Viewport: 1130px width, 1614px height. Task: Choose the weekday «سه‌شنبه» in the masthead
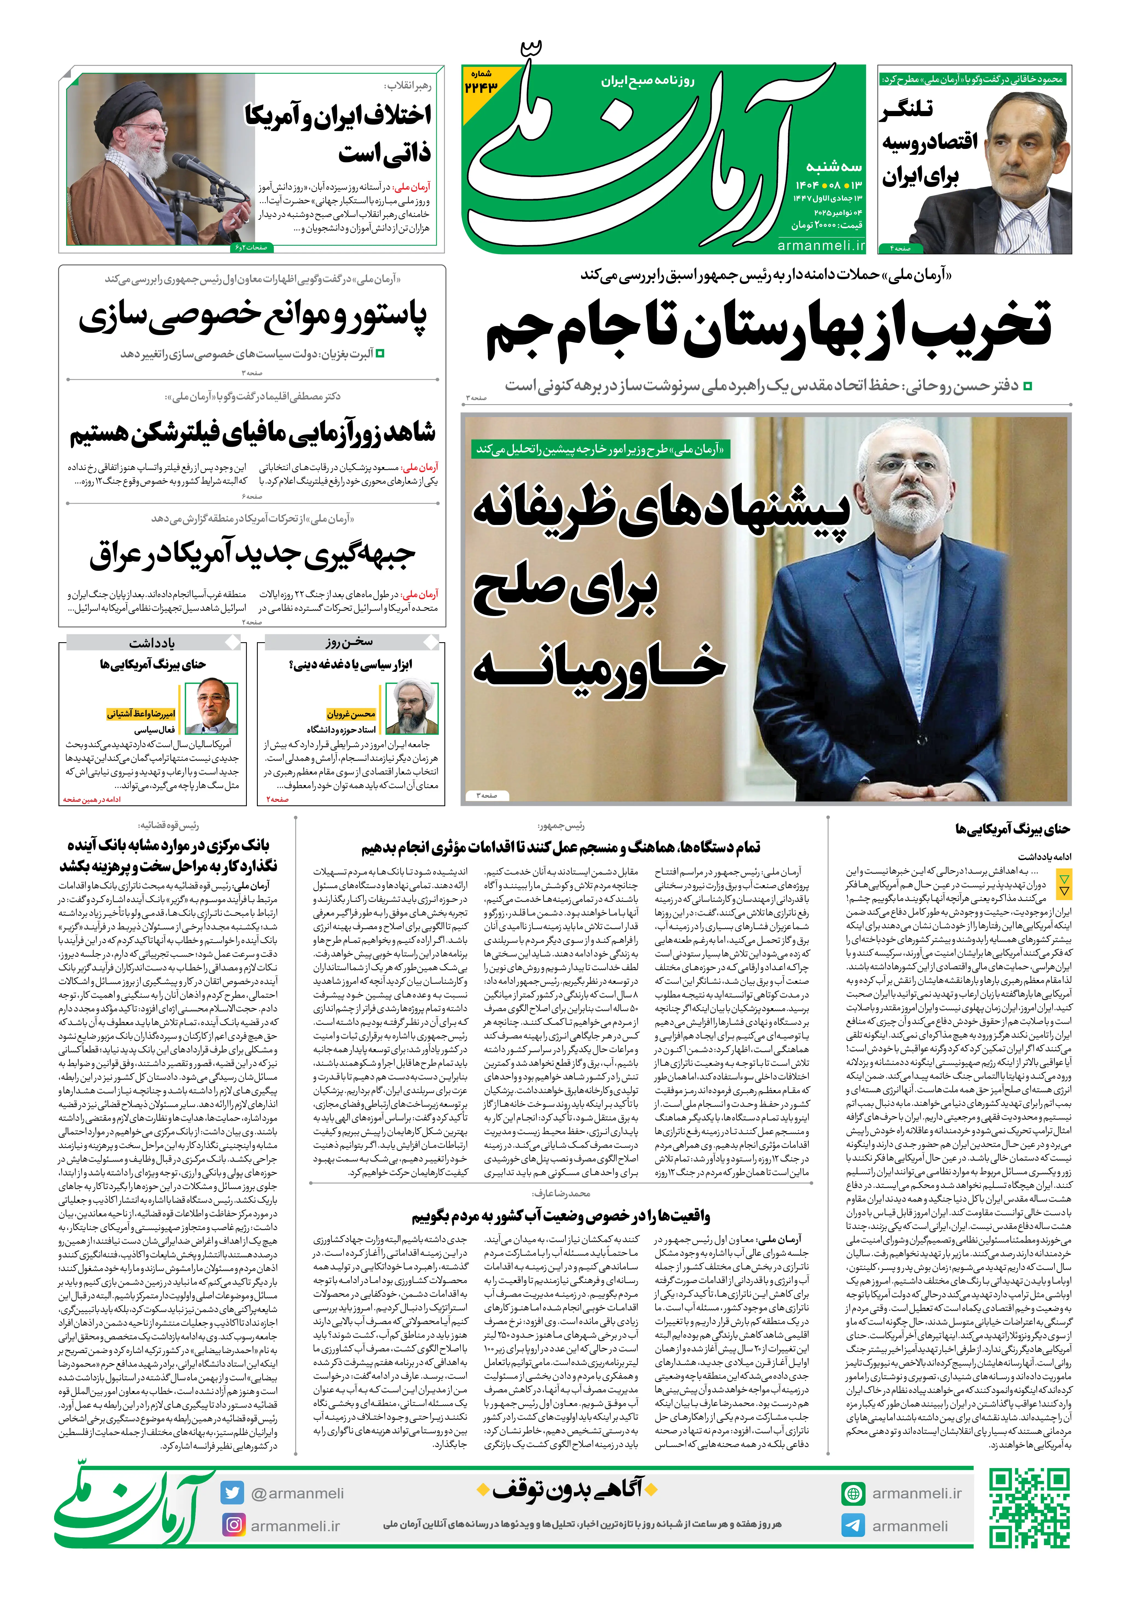(834, 167)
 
